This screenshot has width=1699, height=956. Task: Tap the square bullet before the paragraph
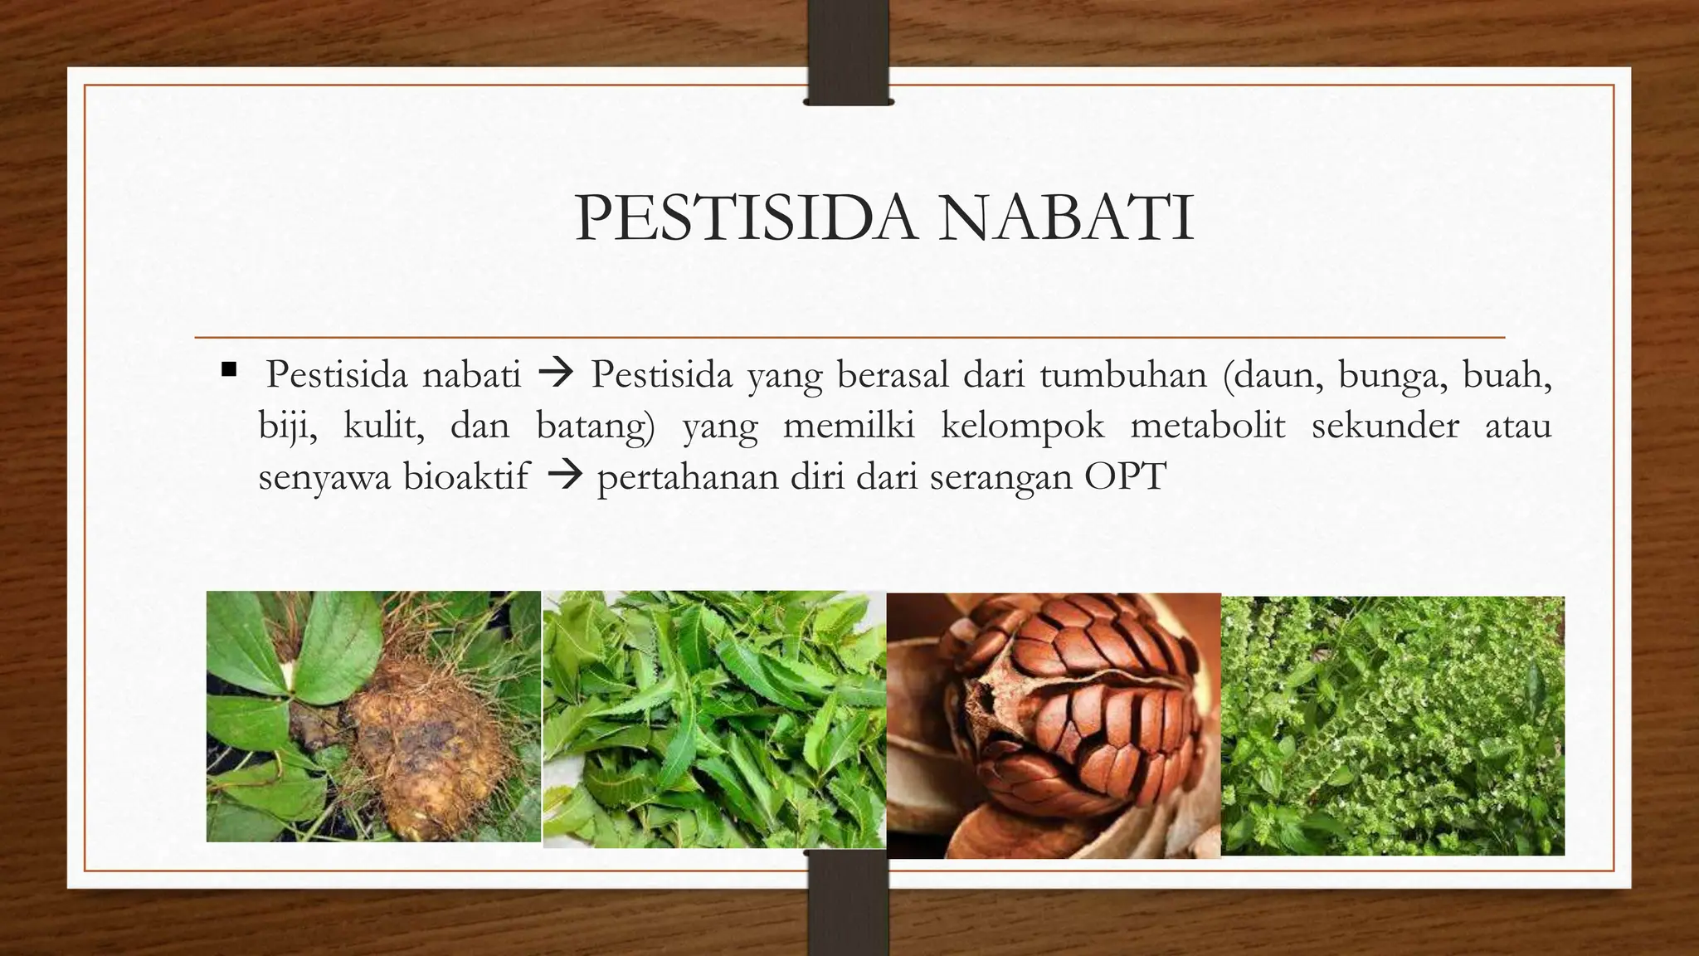pyautogui.click(x=229, y=368)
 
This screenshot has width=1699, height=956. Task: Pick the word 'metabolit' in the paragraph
pyautogui.click(x=1207, y=427)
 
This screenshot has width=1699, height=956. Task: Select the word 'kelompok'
pyautogui.click(x=1022, y=427)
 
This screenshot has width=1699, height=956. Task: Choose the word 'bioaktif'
pyautogui.click(x=465, y=478)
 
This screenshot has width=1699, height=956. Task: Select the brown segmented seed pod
pyautogui.click(x=1078, y=705)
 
